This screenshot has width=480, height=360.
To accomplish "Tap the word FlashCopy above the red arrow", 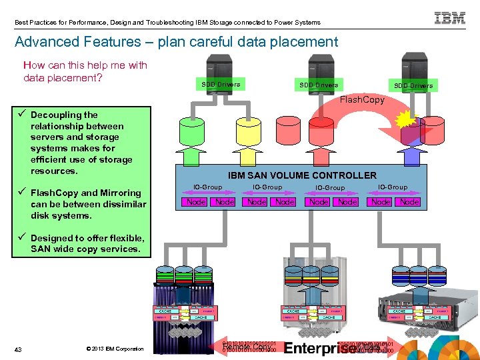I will pos(363,100).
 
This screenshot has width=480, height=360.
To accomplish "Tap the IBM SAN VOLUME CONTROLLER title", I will pos(302,175).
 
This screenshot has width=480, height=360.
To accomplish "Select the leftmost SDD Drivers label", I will pos(221,84).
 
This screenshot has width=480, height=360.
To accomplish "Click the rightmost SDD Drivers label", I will pos(413,85).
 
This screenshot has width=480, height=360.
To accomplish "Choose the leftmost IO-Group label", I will pos(207,187).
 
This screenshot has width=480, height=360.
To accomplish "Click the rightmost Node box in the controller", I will pos(409,201).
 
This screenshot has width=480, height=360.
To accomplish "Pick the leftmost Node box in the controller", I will pos(195,201).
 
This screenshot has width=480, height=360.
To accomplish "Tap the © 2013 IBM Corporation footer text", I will pos(115,349).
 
